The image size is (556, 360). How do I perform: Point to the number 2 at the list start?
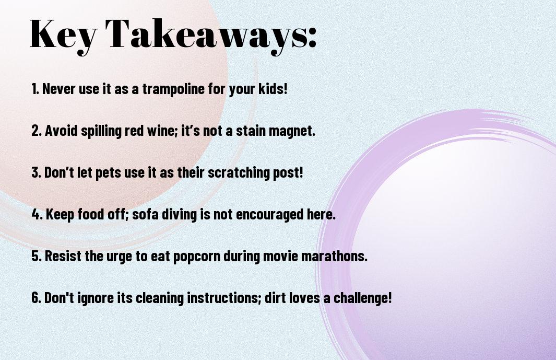click(x=36, y=131)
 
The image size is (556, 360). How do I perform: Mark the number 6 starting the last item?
click(x=36, y=297)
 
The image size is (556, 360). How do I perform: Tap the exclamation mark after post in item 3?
click(x=301, y=172)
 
